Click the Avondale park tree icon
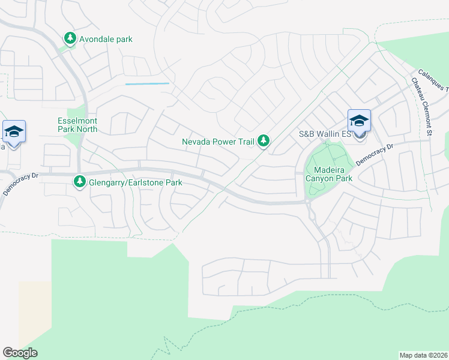tap(70, 39)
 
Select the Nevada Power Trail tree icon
tap(264, 142)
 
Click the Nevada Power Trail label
tap(218, 142)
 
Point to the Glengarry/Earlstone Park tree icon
tap(79, 181)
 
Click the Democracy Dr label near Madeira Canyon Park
tap(373, 155)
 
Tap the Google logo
tap(20, 353)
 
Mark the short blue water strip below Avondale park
tap(147, 84)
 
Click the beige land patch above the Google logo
tap(34, 312)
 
